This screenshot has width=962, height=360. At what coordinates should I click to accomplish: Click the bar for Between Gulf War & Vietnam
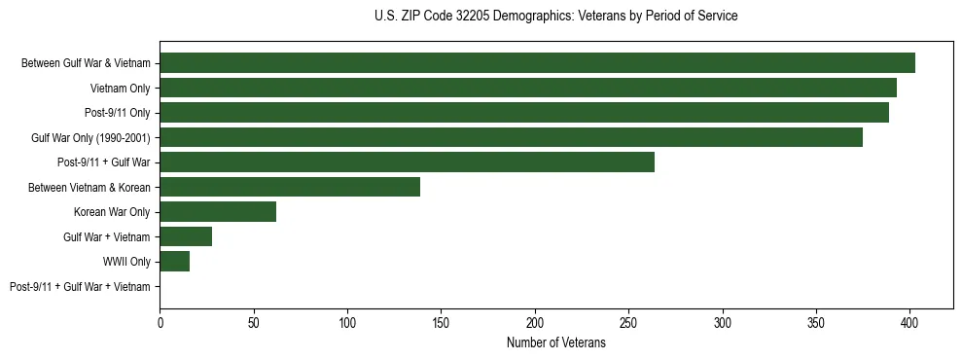537,63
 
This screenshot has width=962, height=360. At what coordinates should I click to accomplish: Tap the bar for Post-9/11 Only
524,113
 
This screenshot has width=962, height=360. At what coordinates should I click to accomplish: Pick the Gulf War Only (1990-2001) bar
511,137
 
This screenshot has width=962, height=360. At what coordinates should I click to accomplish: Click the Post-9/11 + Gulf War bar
407,162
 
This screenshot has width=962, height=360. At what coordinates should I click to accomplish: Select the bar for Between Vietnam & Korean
290,187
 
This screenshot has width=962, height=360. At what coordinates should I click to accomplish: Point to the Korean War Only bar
218,212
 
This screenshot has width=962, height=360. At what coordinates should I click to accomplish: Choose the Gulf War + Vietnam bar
186,236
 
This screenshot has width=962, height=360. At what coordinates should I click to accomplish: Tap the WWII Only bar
174,262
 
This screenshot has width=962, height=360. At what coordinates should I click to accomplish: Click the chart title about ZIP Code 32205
555,17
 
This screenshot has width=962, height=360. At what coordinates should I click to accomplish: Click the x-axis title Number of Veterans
555,343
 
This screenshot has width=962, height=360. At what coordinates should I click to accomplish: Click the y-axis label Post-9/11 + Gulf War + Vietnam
80,287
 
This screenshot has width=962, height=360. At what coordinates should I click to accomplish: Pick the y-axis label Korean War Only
112,212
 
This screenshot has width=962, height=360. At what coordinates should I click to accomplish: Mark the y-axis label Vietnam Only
120,89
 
